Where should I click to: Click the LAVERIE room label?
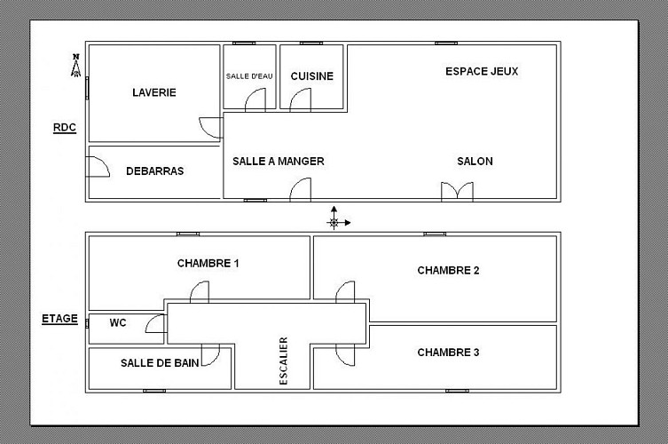(154, 92)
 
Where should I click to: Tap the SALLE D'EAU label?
(249, 76)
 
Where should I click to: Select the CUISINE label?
(312, 76)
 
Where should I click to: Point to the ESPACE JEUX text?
(482, 71)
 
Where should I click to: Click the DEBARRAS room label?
(155, 171)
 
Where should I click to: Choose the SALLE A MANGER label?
(279, 162)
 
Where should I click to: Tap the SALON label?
(475, 162)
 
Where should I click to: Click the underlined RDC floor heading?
(65, 128)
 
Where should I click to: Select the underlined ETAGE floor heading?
(59, 319)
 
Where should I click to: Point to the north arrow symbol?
(75, 65)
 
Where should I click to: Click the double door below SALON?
(457, 192)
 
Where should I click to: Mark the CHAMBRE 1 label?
(208, 263)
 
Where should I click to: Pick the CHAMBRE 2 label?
(448, 271)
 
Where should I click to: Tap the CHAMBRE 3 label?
(448, 353)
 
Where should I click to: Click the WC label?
(118, 323)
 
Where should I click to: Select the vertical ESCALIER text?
(284, 361)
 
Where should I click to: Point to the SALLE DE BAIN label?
(160, 363)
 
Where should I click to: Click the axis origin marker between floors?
(334, 223)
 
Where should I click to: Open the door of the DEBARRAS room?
(98, 167)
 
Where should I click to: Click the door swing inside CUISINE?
(301, 99)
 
